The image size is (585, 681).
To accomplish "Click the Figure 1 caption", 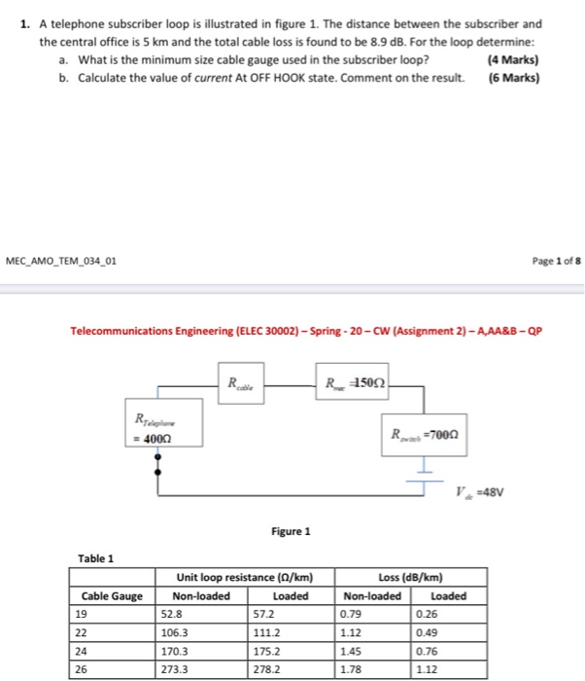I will click(292, 531).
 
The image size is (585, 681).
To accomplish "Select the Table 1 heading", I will click(96, 558).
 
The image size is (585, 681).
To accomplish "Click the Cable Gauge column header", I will click(112, 596).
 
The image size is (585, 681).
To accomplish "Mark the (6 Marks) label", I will click(515, 77).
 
